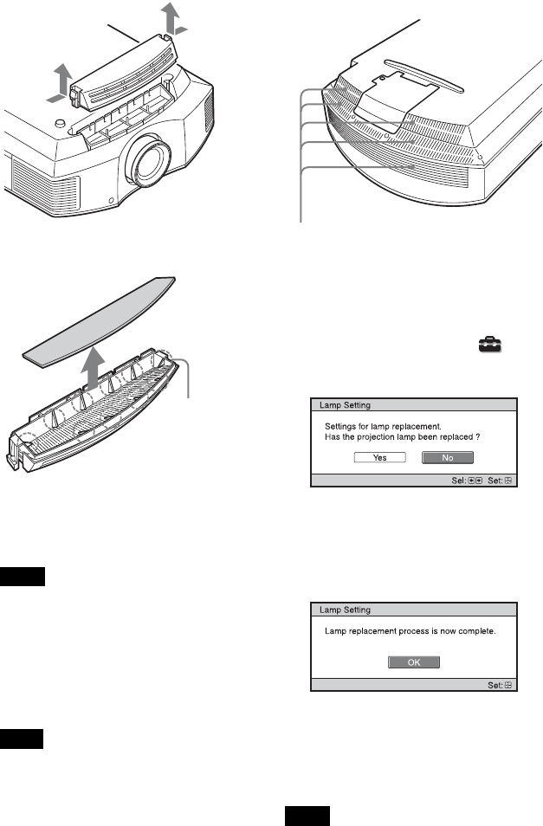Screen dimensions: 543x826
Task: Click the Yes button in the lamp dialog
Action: point(379,457)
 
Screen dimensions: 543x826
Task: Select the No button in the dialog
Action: point(448,457)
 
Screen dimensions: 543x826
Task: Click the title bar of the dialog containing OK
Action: point(414,610)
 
